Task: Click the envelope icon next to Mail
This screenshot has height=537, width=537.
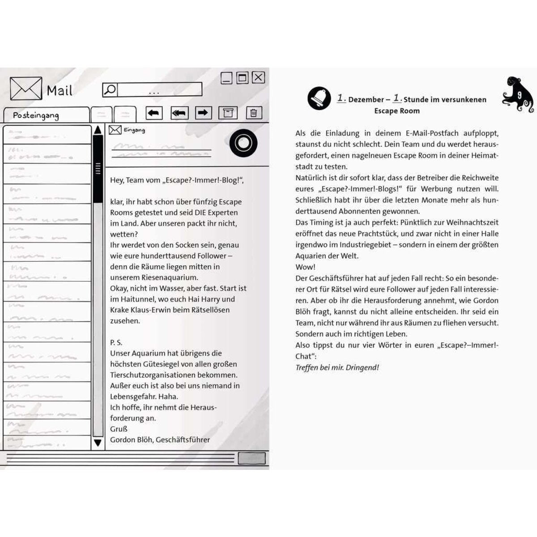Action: pyautogui.click(x=26, y=88)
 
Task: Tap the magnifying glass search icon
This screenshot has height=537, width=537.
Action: pyautogui.click(x=110, y=89)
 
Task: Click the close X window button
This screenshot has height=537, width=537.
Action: pyautogui.click(x=258, y=77)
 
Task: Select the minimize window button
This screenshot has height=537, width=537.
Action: pyautogui.click(x=227, y=78)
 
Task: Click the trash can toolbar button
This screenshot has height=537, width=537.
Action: pyautogui.click(x=253, y=113)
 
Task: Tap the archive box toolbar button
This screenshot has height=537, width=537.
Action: pyautogui.click(x=228, y=113)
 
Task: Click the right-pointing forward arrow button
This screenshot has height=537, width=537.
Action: pyautogui.click(x=203, y=113)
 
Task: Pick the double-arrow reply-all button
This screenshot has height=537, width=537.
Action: pyautogui.click(x=179, y=113)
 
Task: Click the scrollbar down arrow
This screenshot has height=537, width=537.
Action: pyautogui.click(x=98, y=443)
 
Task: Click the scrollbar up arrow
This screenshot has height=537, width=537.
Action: pyautogui.click(x=98, y=130)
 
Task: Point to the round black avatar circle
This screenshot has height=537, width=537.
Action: pyautogui.click(x=243, y=143)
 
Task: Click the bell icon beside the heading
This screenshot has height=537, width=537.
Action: pyautogui.click(x=319, y=98)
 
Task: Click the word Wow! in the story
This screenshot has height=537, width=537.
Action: pyautogui.click(x=305, y=267)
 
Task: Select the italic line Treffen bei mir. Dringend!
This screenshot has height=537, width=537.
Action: pyautogui.click(x=337, y=367)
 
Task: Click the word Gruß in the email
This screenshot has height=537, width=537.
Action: pyautogui.click(x=119, y=429)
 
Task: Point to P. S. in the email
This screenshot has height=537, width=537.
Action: pyautogui.click(x=116, y=342)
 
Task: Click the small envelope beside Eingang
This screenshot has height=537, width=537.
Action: pyautogui.click(x=115, y=130)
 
